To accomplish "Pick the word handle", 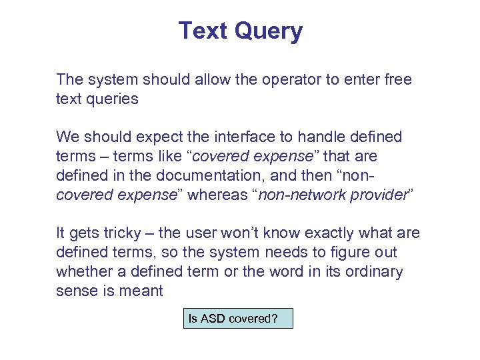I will pos(323,137).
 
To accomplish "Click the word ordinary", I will pos(375,272).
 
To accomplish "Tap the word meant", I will pos(143,291).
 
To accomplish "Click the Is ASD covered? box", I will pos(238,318).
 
